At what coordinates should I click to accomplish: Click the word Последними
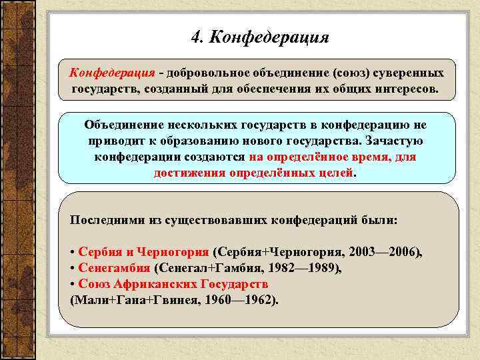(x=104, y=219)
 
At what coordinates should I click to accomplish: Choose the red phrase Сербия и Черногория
(x=143, y=253)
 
